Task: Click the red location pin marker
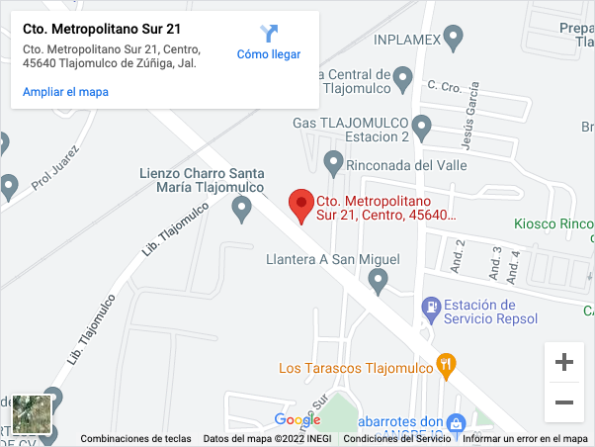301,205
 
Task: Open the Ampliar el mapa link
65,92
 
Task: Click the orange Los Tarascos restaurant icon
447,367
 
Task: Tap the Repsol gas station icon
431,310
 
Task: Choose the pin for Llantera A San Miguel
378,283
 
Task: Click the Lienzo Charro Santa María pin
241,209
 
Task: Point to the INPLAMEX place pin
454,39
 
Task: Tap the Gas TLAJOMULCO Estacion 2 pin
422,127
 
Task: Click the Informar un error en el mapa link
525,439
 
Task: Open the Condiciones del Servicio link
396,439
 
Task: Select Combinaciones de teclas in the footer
135,439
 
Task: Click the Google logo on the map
297,420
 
